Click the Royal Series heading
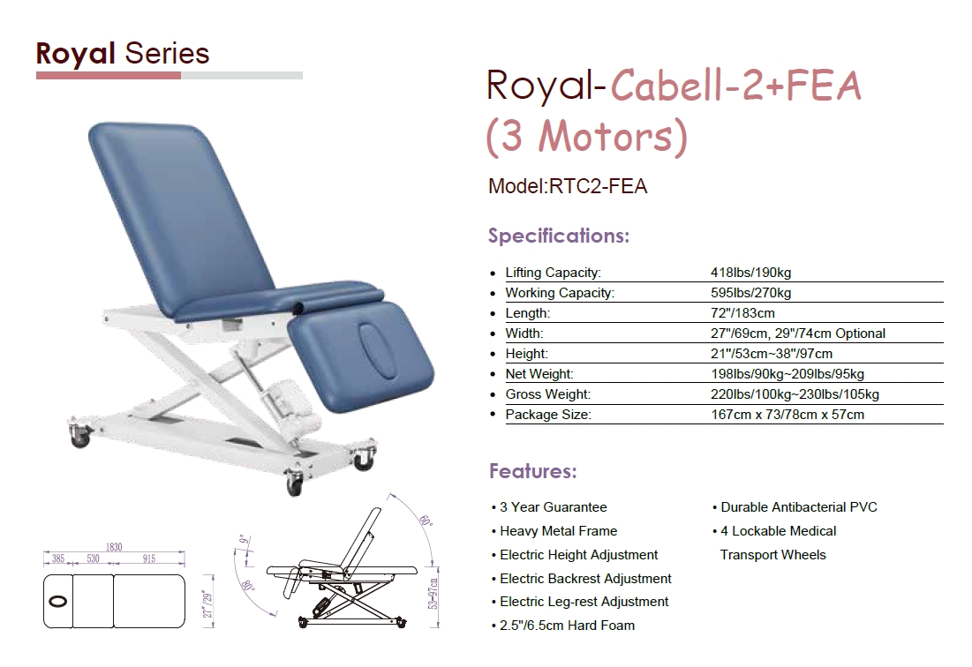pyautogui.click(x=123, y=53)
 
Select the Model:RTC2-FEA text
pyautogui.click(x=567, y=186)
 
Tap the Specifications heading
pyautogui.click(x=559, y=236)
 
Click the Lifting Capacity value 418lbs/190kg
pyautogui.click(x=750, y=273)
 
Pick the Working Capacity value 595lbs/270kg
pyautogui.click(x=750, y=293)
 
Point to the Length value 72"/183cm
pyautogui.click(x=742, y=313)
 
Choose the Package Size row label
pyautogui.click(x=548, y=415)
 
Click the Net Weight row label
pyautogui.click(x=539, y=374)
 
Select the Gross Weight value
pyautogui.click(x=795, y=394)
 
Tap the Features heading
pyautogui.click(x=533, y=471)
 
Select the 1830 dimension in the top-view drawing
pyautogui.click(x=114, y=547)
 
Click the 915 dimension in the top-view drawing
pyautogui.click(x=149, y=558)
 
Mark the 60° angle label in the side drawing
pyautogui.click(x=426, y=521)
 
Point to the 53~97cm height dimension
pyautogui.click(x=433, y=594)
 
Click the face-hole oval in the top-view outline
pyautogui.click(x=57, y=602)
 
